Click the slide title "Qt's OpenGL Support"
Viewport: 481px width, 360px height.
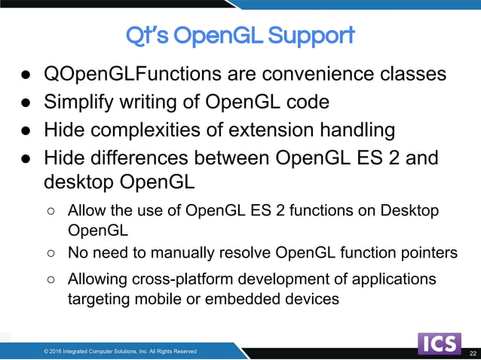(240, 35)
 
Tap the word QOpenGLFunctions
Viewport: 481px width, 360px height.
(122, 75)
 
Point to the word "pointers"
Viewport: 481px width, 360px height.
(428, 252)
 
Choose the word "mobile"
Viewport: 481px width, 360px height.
(150, 299)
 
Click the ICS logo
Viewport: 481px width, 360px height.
(440, 343)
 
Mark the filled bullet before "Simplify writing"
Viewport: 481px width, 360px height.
(26, 102)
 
